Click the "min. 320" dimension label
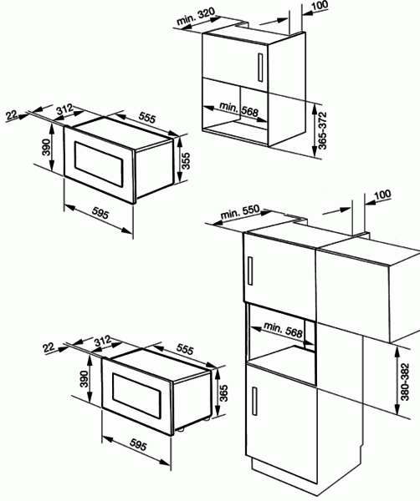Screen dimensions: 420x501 [x=196, y=16]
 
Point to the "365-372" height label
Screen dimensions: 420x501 [x=323, y=131]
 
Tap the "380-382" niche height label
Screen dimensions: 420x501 [x=405, y=382]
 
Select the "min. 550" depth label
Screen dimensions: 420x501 [x=240, y=212]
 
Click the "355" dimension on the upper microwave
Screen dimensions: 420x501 [x=186, y=160]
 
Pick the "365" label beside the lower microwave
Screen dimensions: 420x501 [x=223, y=393]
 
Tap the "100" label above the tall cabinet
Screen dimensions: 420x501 [x=382, y=195]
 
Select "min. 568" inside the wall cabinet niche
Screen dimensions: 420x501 [x=238, y=109]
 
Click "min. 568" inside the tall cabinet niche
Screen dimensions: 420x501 [x=283, y=330]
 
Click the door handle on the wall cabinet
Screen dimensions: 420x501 [x=260, y=68]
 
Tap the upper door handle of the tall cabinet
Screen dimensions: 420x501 [x=250, y=271]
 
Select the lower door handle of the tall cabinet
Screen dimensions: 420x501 [x=254, y=401]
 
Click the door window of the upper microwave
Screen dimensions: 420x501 [x=99, y=164]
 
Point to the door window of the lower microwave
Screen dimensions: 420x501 [x=136, y=396]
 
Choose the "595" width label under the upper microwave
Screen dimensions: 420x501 [x=100, y=213]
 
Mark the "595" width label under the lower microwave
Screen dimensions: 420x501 [x=138, y=445]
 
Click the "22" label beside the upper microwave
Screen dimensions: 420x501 [x=12, y=114]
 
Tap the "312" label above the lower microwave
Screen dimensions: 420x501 [x=102, y=341]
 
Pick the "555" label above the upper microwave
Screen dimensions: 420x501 [x=147, y=118]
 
